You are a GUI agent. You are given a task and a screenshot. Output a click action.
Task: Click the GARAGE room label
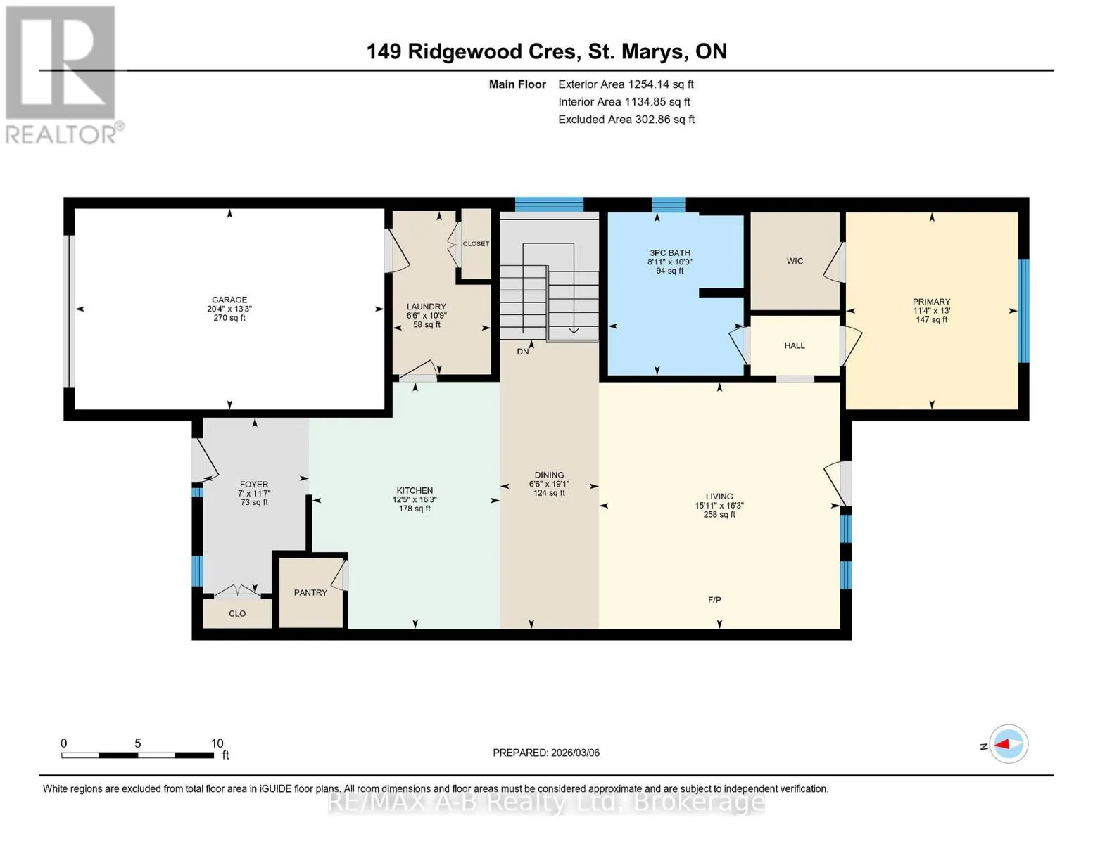(229, 300)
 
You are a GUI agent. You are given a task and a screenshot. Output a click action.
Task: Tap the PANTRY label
(310, 593)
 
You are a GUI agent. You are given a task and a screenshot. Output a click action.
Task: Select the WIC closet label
(795, 261)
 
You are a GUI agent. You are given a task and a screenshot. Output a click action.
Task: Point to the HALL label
(795, 345)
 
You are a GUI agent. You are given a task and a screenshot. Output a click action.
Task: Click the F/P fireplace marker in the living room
(714, 600)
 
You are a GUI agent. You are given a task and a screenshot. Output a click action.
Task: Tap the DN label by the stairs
(523, 352)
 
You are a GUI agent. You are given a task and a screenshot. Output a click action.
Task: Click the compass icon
(1008, 744)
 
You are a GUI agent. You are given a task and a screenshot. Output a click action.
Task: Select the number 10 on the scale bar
(217, 743)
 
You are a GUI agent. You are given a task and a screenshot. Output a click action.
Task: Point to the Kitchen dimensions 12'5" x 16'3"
(415, 499)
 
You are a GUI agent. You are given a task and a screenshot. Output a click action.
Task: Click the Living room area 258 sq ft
(719, 515)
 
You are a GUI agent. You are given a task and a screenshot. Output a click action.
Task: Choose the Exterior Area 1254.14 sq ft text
(626, 84)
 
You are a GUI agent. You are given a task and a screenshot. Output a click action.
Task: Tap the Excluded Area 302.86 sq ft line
(626, 120)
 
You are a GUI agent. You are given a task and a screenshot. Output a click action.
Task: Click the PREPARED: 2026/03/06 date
(546, 753)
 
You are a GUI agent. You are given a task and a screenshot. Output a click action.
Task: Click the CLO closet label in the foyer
(237, 614)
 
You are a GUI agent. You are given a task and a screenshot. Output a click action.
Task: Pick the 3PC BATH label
(670, 252)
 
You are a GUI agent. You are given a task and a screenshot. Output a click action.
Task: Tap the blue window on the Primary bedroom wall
(1023, 311)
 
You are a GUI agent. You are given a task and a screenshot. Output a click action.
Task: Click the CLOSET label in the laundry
(476, 244)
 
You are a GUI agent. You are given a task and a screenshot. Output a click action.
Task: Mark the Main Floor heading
(517, 84)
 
